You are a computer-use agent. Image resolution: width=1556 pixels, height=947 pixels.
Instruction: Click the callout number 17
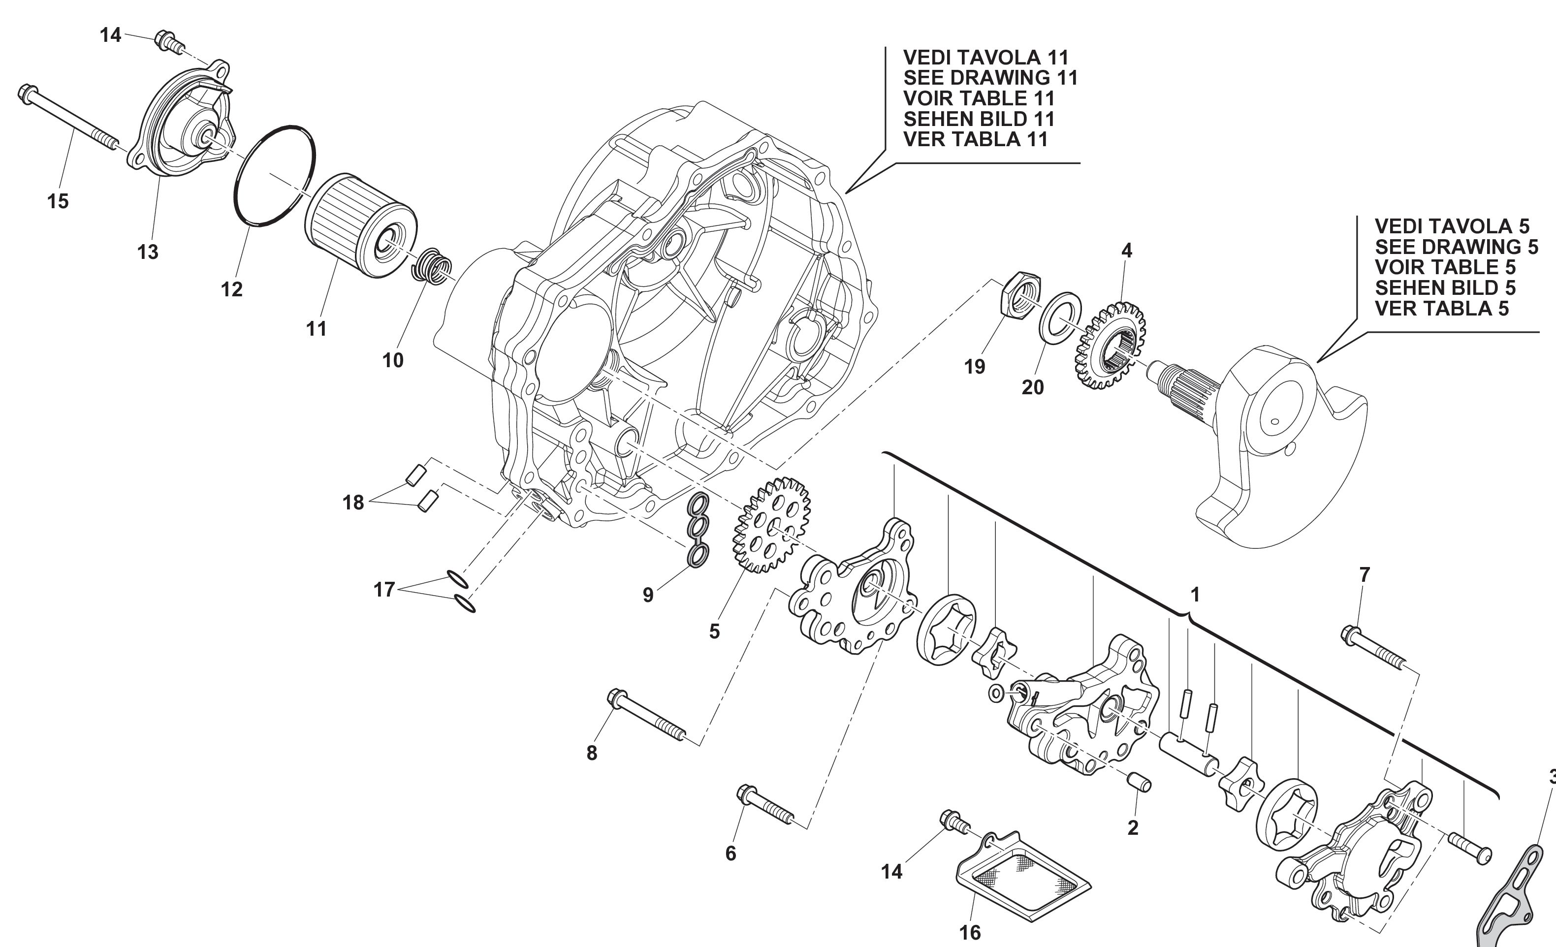[x=384, y=590]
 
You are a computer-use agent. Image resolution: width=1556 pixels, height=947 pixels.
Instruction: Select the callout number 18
[x=353, y=503]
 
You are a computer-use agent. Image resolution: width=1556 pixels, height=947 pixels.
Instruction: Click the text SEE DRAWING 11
[x=990, y=78]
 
